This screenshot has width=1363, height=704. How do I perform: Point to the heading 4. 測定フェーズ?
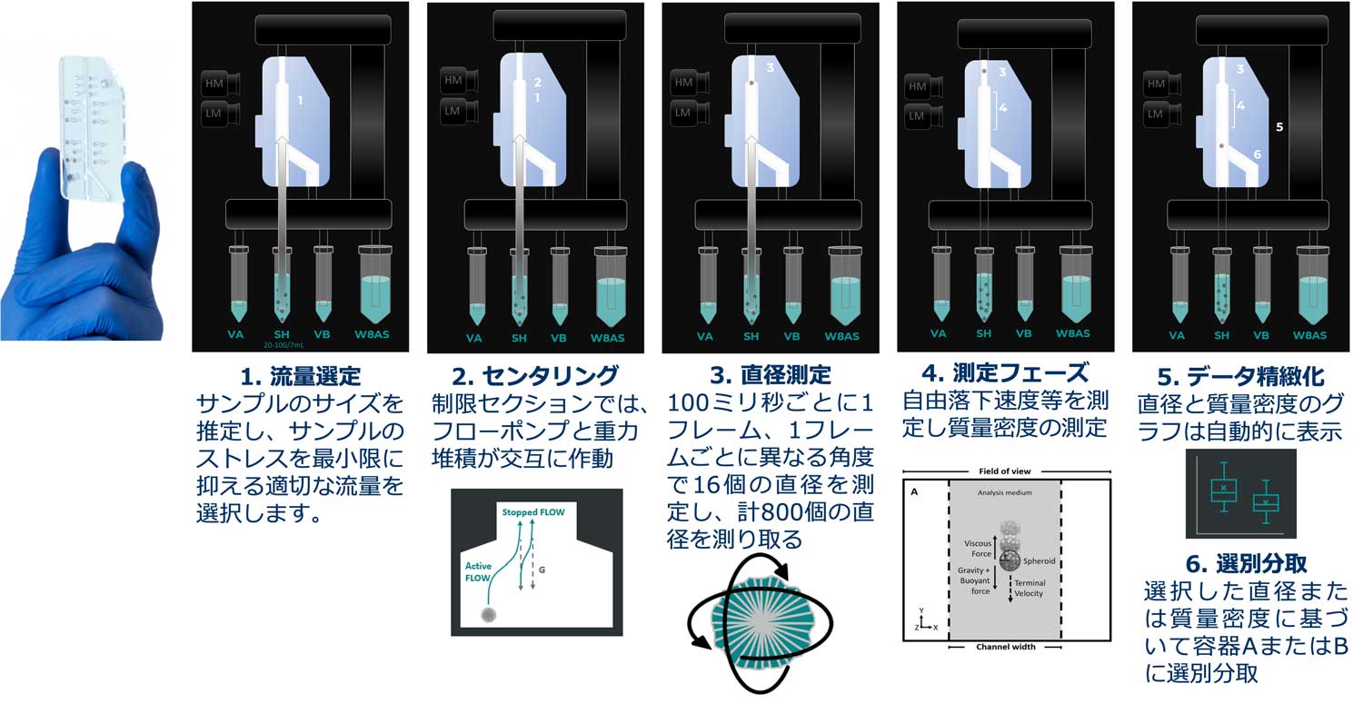tap(1004, 373)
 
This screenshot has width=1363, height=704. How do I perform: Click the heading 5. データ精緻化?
tap(1241, 375)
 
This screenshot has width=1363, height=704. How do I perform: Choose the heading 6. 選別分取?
tap(1241, 563)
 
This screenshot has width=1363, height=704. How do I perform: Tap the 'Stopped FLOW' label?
tap(533, 512)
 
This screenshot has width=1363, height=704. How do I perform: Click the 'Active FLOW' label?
tap(477, 570)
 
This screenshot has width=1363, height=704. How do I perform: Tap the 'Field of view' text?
tap(1004, 472)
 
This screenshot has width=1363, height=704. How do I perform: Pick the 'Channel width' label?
tap(1004, 647)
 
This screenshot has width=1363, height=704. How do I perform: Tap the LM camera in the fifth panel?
tap(1157, 114)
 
